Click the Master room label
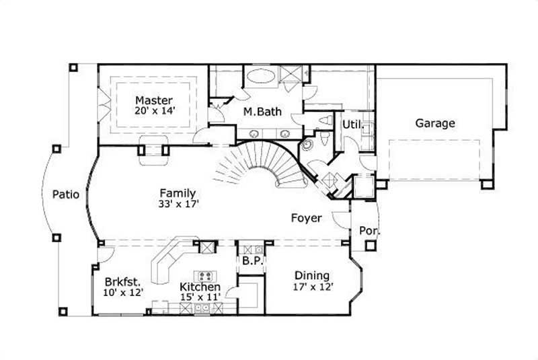click(x=154, y=100)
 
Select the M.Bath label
click(x=262, y=112)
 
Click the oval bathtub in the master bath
click(x=258, y=75)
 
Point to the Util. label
click(x=352, y=124)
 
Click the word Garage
click(x=434, y=123)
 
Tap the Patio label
click(x=66, y=195)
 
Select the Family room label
click(x=178, y=192)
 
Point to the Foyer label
click(x=306, y=218)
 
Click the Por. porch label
click(x=369, y=231)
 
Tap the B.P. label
click(x=252, y=260)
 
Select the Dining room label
click(x=312, y=275)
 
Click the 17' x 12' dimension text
click(x=312, y=287)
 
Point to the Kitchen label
click(x=200, y=287)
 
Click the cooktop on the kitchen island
click(x=204, y=276)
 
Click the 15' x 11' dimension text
click(x=200, y=297)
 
